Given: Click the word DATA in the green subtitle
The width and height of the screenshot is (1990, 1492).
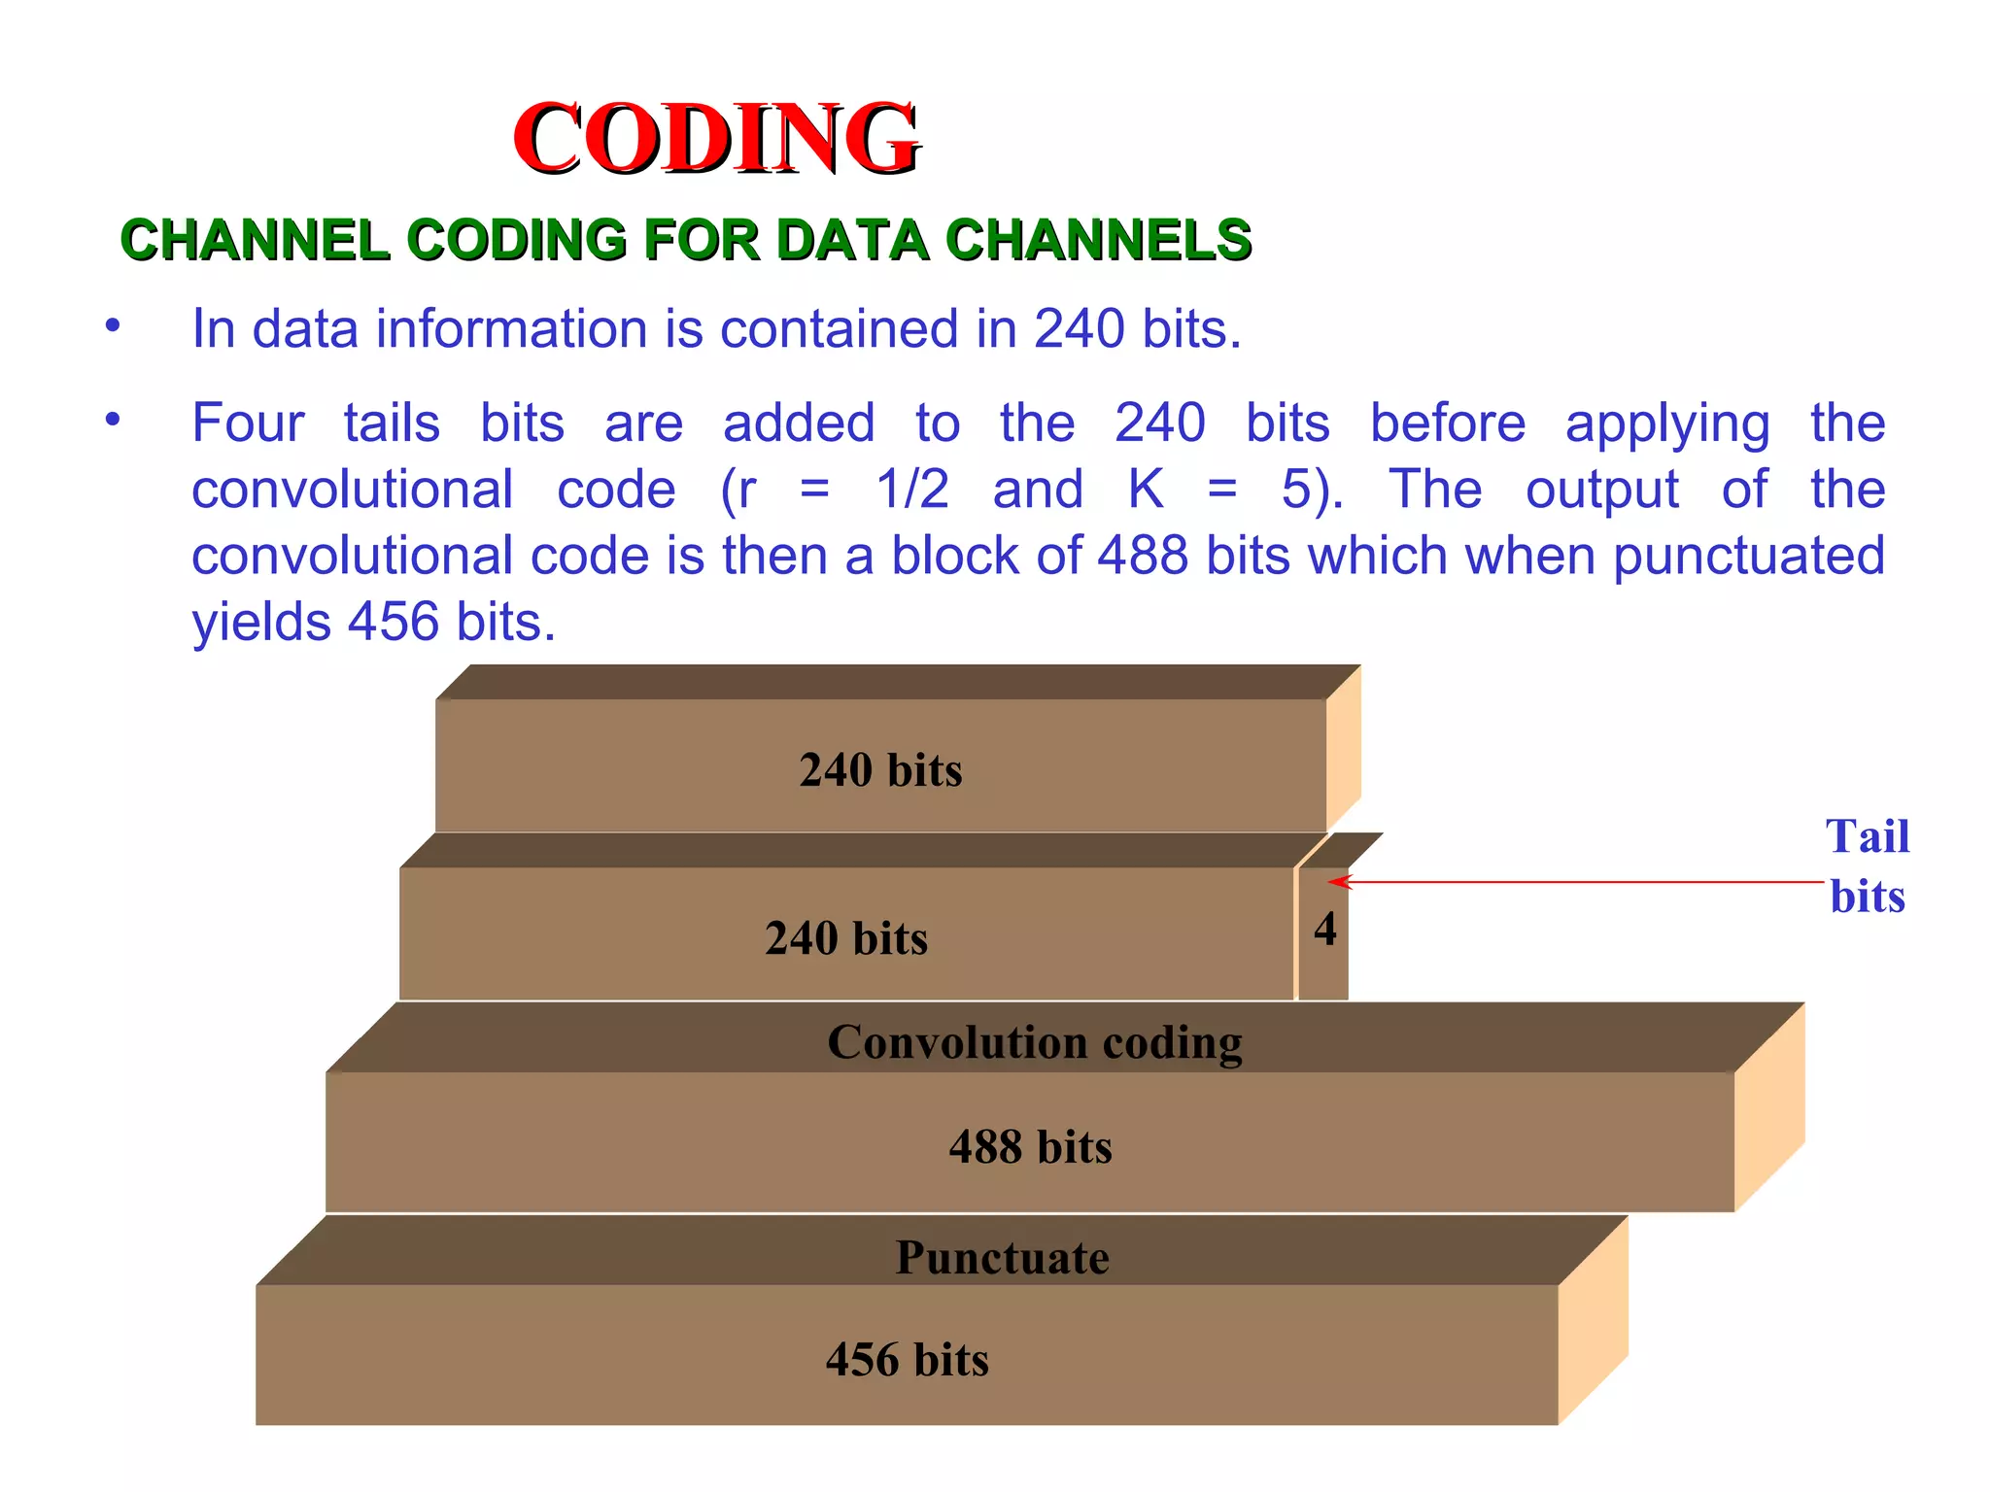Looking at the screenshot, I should pyautogui.click(x=852, y=240).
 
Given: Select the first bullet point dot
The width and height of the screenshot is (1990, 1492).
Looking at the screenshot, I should pyautogui.click(x=114, y=324).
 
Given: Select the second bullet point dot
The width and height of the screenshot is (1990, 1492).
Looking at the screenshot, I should pyautogui.click(x=114, y=420).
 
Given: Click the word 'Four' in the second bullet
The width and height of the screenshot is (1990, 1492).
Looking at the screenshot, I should pyautogui.click(x=248, y=424).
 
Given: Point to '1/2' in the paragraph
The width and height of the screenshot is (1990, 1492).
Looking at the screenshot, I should pyautogui.click(x=911, y=490).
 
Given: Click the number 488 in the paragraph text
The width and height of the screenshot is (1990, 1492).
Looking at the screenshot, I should pyautogui.click(x=1143, y=556).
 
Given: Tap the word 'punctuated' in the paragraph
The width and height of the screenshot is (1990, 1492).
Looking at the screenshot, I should pyautogui.click(x=1748, y=558).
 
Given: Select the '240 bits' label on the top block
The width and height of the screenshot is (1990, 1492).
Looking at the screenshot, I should pyautogui.click(x=880, y=770).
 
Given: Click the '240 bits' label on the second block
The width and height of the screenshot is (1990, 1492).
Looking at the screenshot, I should pyautogui.click(x=845, y=938).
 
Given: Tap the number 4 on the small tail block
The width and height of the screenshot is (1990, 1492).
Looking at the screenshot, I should pyautogui.click(x=1324, y=930).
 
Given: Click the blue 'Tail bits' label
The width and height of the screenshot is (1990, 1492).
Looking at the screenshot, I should pyautogui.click(x=1867, y=865).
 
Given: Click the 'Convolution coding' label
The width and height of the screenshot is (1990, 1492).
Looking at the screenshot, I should pyautogui.click(x=1034, y=1042).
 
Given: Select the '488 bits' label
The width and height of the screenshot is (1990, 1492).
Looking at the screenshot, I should pyautogui.click(x=1030, y=1147).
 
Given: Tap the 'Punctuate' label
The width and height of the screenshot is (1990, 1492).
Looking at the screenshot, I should pyautogui.click(x=1002, y=1258).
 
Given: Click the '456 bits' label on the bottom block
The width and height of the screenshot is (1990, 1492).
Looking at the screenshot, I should pyautogui.click(x=907, y=1360).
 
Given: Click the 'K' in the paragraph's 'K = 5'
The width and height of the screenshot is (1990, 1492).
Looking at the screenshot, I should pyautogui.click(x=1146, y=490).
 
